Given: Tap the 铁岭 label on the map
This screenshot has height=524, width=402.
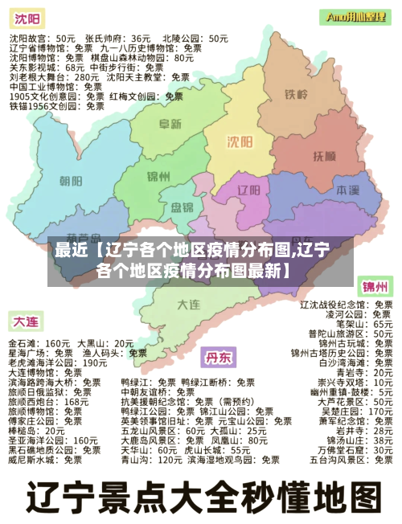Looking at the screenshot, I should pos(297,95).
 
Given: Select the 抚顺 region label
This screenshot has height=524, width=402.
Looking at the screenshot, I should pos(323,155).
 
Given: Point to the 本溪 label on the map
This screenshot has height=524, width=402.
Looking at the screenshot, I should pos(347,190).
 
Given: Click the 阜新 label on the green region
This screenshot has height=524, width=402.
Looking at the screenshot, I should pos(170,124).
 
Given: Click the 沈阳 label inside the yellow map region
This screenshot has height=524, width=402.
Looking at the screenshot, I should pos(239,141).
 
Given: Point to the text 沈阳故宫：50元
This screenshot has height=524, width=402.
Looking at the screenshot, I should pos(43,38).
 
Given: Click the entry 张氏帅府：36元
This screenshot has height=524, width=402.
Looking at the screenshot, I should pos(118,38).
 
